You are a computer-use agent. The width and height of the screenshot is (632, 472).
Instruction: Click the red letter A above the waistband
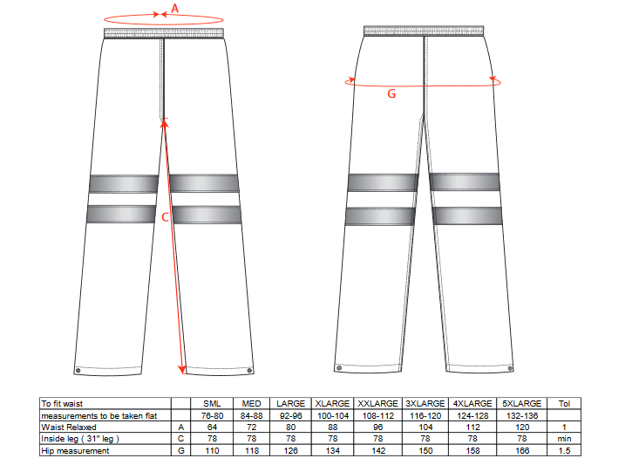175,8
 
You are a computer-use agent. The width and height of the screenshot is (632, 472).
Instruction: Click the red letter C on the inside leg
165,217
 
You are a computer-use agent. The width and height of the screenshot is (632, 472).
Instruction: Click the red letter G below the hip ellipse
391,94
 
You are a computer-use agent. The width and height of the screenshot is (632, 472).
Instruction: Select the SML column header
212,403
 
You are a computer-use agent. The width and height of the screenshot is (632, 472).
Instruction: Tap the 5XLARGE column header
522,403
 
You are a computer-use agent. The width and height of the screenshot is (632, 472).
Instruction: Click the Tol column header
564,403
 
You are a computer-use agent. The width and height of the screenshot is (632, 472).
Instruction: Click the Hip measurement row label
75,450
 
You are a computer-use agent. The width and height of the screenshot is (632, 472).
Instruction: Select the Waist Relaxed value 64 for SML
212,428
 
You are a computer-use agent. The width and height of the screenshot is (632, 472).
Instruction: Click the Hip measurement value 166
522,450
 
